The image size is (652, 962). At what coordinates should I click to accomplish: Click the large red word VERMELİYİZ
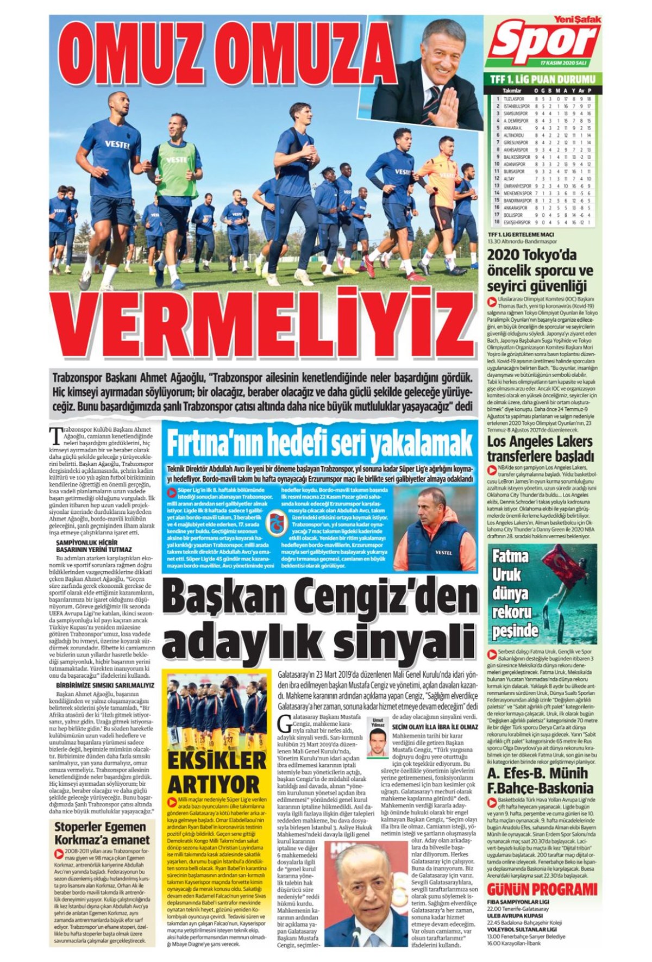point(265,326)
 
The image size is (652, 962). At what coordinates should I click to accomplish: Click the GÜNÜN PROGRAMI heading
point(542,889)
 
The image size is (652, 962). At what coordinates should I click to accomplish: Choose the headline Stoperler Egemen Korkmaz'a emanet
point(100,834)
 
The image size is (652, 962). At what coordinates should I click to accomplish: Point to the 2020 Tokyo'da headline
point(524,255)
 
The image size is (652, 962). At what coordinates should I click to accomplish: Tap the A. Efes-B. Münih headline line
point(537,773)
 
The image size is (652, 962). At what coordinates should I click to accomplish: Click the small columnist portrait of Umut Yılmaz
point(377,742)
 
